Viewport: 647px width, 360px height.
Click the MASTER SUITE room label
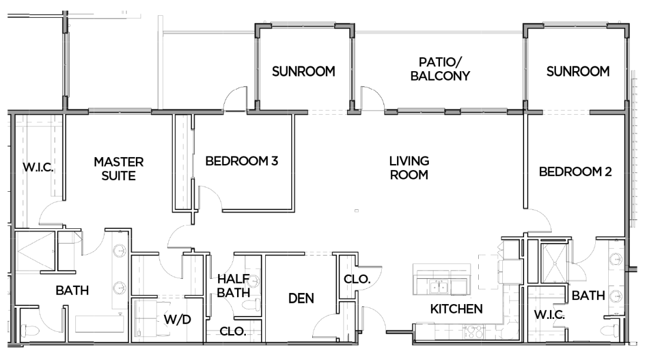click(119, 169)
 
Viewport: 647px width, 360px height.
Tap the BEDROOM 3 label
click(242, 161)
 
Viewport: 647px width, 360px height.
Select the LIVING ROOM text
click(409, 168)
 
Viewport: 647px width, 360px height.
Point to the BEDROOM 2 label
click(575, 171)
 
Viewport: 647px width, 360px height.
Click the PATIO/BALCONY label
click(441, 69)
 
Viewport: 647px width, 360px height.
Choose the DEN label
click(301, 298)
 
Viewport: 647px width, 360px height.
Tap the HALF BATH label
click(234, 286)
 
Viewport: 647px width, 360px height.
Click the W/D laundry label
click(178, 319)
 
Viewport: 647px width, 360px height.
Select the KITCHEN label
click(456, 309)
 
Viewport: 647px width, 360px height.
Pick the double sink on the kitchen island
click(438, 286)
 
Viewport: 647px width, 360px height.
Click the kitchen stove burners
click(475, 332)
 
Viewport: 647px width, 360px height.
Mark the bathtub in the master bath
click(100, 324)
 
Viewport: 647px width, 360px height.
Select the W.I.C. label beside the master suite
click(38, 168)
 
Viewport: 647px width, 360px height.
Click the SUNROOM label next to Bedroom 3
click(304, 71)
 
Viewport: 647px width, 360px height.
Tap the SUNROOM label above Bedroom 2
click(578, 71)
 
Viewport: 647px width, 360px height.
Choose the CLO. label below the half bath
click(233, 331)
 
